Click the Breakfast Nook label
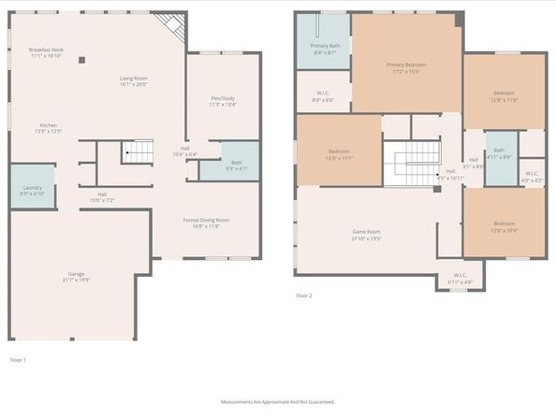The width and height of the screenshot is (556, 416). point(45,52)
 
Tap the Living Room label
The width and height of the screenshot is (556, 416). point(134,81)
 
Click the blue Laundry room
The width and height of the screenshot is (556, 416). point(32,187)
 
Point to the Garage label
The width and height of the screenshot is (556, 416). point(75,277)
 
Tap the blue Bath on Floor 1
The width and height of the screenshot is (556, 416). point(236,162)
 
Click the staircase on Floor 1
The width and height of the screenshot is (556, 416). point(138,152)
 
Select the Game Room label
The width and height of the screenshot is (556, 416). point(366,235)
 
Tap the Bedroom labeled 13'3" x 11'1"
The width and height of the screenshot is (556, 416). point(339,154)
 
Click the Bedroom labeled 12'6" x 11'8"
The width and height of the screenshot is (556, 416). point(505,96)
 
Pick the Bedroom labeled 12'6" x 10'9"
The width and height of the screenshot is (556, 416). point(504,226)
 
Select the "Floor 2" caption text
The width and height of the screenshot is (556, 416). point(303,295)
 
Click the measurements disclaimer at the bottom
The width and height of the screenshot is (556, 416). point(277,402)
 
